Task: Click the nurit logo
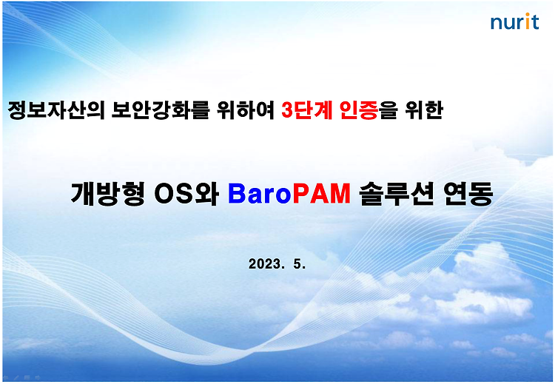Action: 514,21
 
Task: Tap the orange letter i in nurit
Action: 527,21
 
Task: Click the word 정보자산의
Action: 56,110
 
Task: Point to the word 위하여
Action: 246,110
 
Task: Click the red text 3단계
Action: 307,110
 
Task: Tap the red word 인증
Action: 359,110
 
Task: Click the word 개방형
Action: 107,193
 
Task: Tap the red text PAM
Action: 321,194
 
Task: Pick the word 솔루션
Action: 397,193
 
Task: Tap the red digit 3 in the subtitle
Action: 287,110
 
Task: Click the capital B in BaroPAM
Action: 237,194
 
